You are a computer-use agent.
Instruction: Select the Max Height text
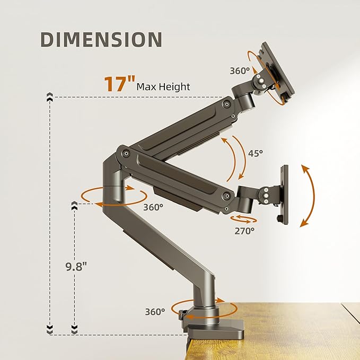pyautogui.click(x=163, y=86)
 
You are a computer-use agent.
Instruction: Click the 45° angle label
pyautogui.click(x=256, y=153)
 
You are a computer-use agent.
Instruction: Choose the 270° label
pyautogui.click(x=244, y=231)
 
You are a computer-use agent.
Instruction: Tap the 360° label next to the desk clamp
pyautogui.click(x=155, y=312)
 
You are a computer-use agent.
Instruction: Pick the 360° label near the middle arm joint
pyautogui.click(x=153, y=207)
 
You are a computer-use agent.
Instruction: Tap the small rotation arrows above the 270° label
pyautogui.click(x=244, y=219)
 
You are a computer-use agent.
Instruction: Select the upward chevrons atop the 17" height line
pyautogui.click(x=50, y=97)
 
